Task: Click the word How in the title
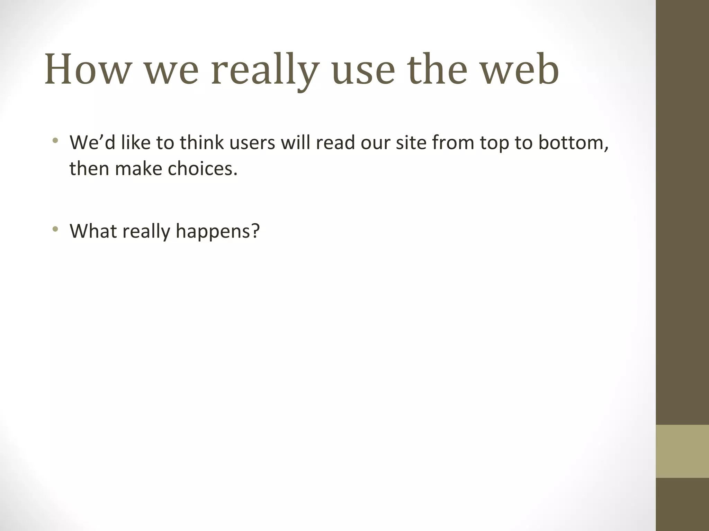87,69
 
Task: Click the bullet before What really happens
55,229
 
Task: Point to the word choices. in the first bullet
203,169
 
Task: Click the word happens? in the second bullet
218,232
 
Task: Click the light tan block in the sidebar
682,451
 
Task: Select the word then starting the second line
89,169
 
